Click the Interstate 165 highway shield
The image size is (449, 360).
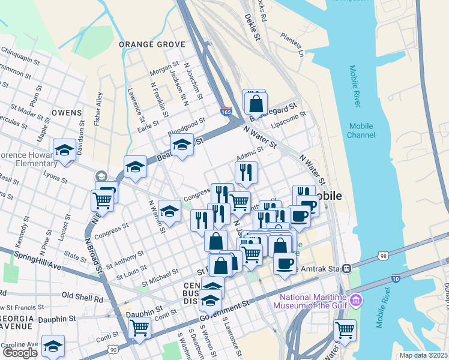pyautogui.click(x=226, y=112)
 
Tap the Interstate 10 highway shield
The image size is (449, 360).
pyautogui.click(x=395, y=278)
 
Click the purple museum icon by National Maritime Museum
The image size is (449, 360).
pyautogui.click(x=356, y=299)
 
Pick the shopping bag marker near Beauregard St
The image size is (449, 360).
pyautogui.click(x=256, y=103)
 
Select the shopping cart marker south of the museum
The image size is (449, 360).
pyautogui.click(x=345, y=329)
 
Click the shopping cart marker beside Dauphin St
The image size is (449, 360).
pyautogui.click(x=139, y=328)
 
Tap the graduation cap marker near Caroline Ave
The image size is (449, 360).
pyautogui.click(x=53, y=345)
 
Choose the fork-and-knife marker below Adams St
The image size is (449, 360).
pyautogui.click(x=246, y=173)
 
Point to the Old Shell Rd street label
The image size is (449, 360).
pyautogui.click(x=82, y=298)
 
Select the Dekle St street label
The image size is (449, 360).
pyautogui.click(x=254, y=28)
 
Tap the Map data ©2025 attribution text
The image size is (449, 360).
pyautogui.click(x=424, y=355)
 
